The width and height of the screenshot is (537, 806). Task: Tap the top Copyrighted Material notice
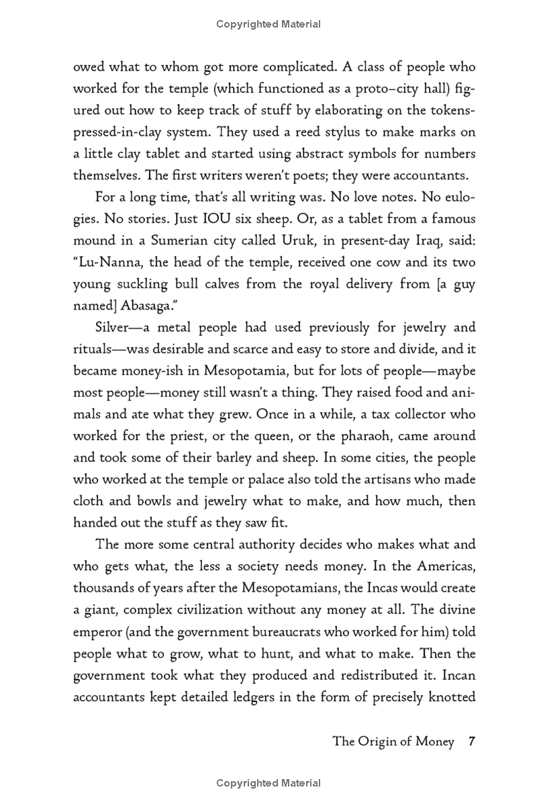(268, 24)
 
